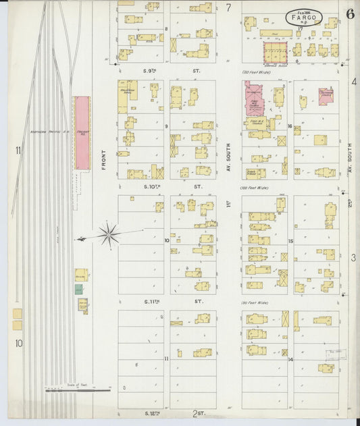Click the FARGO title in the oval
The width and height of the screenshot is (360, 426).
[x=304, y=17]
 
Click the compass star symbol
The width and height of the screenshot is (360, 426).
[x=108, y=235]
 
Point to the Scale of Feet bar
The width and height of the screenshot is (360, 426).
[x=77, y=390]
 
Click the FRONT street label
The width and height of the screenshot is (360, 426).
[x=104, y=156]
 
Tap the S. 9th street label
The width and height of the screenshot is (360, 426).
[x=150, y=70]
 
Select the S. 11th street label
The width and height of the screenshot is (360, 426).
[x=154, y=302]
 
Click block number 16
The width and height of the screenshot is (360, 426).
[x=289, y=126]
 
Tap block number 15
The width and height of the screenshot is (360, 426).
[x=289, y=241]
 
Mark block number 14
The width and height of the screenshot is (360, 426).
[x=289, y=360]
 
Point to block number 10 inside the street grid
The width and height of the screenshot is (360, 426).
[x=167, y=240]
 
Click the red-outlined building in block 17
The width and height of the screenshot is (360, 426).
[x=275, y=52]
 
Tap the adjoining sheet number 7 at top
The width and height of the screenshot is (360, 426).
[x=228, y=8]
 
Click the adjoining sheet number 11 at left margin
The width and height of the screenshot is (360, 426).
[x=18, y=150]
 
